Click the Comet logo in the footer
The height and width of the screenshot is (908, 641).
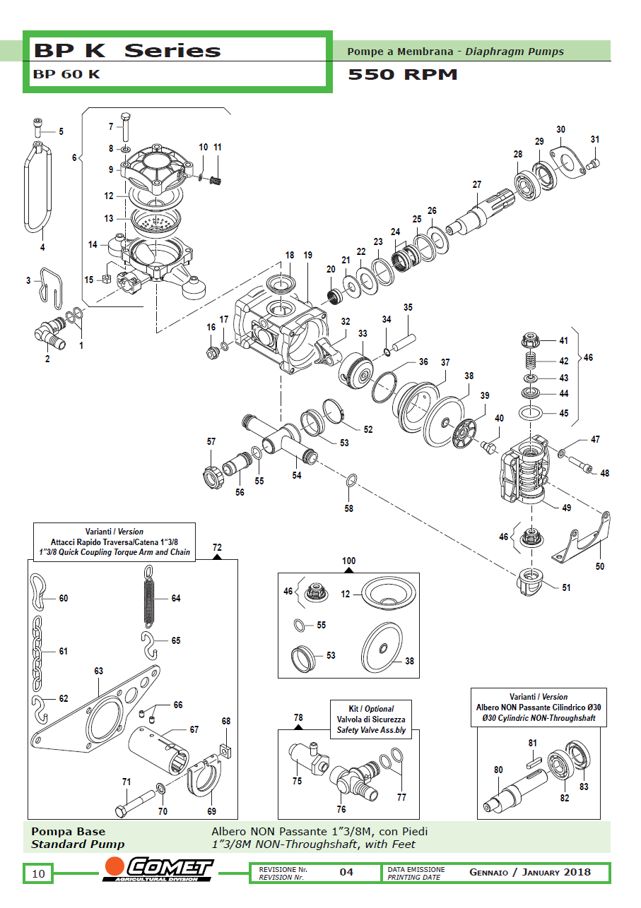pos(158,871)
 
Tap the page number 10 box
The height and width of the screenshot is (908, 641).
pos(38,874)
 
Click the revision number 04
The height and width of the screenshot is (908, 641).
pos(346,873)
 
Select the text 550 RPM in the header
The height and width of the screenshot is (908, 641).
pos(403,74)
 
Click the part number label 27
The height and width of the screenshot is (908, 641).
pos(477,184)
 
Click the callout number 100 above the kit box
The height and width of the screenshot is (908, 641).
pos(349,561)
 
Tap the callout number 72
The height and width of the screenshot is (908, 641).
pos(217,547)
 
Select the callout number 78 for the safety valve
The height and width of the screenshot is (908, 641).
pos(298,717)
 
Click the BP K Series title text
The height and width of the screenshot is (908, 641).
pos(127,51)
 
